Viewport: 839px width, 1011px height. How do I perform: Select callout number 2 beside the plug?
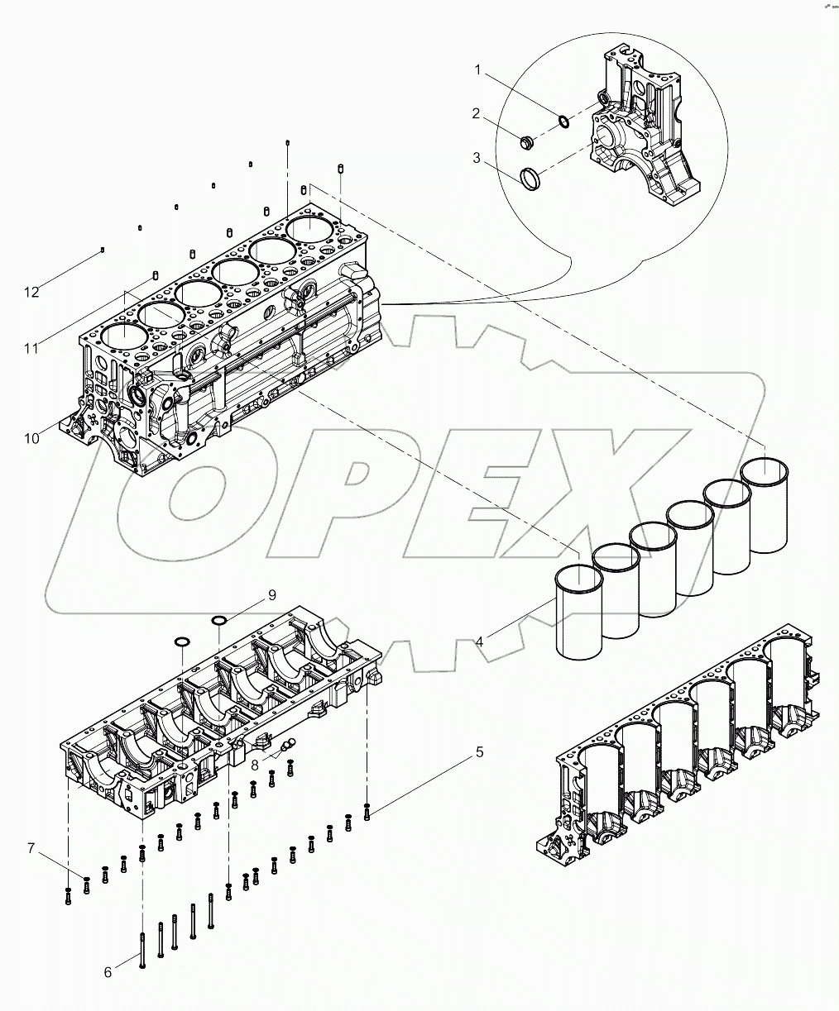pos(477,114)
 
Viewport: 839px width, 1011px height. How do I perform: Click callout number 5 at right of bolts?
pos(479,752)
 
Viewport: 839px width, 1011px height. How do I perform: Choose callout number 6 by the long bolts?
pos(108,973)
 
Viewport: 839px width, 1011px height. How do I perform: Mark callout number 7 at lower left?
pos(31,849)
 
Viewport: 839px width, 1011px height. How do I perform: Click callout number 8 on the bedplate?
pos(255,765)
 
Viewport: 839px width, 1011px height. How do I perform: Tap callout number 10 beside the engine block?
pos(31,439)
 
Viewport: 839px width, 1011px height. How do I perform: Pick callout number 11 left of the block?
pos(31,349)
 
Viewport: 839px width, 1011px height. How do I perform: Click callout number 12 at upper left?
pos(31,292)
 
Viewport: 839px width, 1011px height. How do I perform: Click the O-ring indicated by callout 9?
pos(218,620)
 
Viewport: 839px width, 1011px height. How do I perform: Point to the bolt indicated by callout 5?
pos(367,814)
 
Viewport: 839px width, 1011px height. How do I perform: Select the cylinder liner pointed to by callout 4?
pos(579,612)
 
